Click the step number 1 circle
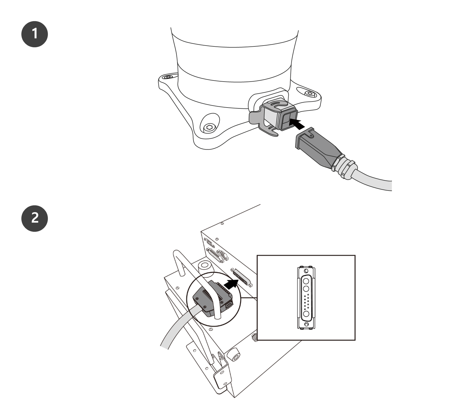pyautogui.click(x=35, y=34)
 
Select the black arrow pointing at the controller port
pyautogui.click(x=231, y=285)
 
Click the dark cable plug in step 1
pyautogui.click(x=316, y=144)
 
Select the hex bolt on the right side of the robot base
pyautogui.click(x=310, y=93)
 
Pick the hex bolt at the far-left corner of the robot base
pyautogui.click(x=167, y=77)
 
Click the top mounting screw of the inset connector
pyautogui.click(x=306, y=271)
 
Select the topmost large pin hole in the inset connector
pyautogui.click(x=306, y=280)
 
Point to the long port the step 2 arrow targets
pyautogui.click(x=242, y=278)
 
